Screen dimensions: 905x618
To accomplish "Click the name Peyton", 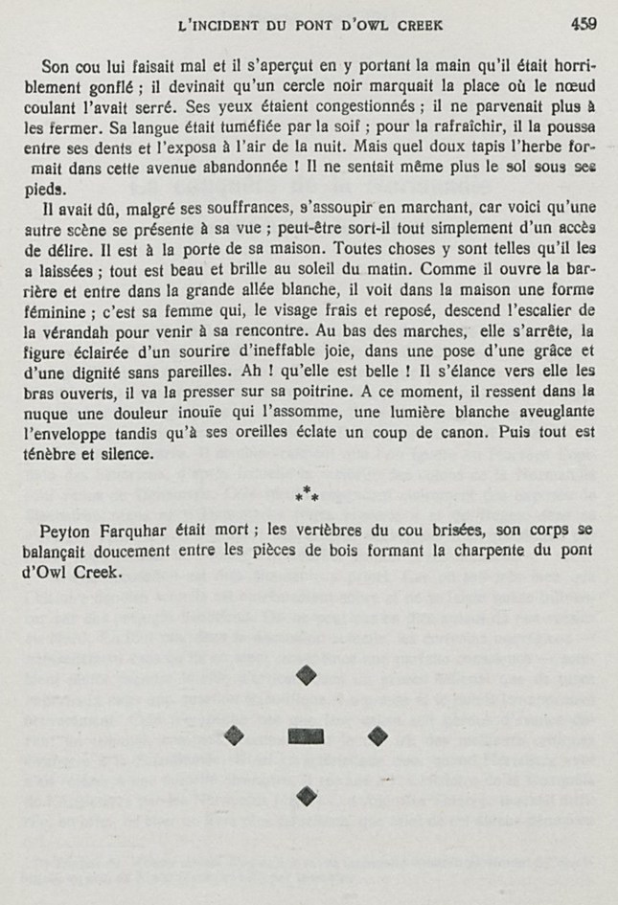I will (55, 532).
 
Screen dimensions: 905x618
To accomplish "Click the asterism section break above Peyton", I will (307, 498).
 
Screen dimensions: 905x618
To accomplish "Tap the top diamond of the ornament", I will (306, 675).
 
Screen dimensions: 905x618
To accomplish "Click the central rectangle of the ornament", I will (307, 735).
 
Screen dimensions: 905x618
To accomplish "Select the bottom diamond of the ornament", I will (307, 794).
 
